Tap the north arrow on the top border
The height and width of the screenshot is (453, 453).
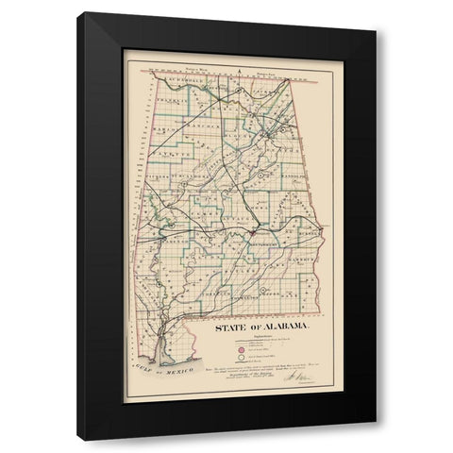(242, 70)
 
